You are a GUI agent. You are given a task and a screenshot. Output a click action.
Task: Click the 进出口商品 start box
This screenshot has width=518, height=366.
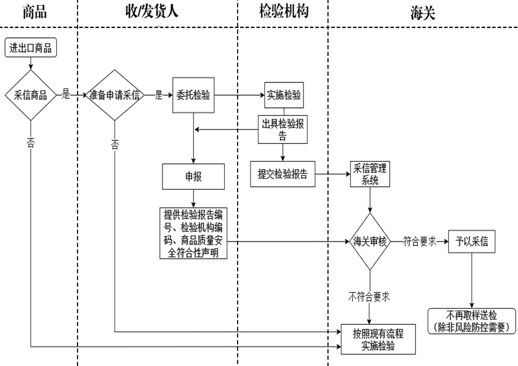(x=31, y=48)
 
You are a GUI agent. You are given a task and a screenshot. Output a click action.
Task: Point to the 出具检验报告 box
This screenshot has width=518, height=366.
(x=282, y=129)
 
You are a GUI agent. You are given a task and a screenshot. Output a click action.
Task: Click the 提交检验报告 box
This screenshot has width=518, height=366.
(x=282, y=173)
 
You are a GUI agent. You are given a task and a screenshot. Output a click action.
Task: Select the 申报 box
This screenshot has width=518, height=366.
(x=194, y=176)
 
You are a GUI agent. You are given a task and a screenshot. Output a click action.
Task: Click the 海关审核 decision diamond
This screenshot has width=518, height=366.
(x=370, y=241)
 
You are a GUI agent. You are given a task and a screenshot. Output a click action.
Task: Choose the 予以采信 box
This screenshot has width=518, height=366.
(x=472, y=241)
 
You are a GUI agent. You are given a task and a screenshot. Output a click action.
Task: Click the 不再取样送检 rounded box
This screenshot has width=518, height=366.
(x=472, y=321)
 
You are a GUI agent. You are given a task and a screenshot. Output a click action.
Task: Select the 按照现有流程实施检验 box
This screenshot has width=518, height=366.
(x=377, y=339)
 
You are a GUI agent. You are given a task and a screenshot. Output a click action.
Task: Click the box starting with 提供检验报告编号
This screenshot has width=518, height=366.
(x=193, y=233)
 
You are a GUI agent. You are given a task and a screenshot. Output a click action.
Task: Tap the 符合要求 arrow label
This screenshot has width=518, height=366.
(x=419, y=241)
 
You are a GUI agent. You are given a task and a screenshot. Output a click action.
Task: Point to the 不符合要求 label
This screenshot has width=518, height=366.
(x=370, y=297)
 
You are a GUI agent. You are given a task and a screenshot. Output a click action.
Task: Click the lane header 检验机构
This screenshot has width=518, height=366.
(x=282, y=12)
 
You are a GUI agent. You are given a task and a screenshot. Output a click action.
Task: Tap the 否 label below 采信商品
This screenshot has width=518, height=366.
(x=31, y=142)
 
